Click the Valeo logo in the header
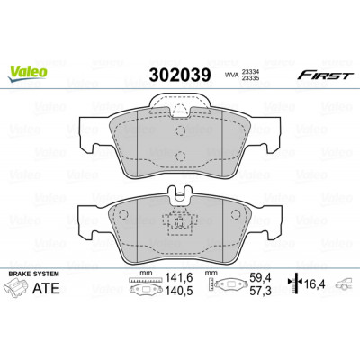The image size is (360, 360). pyautogui.click(x=28, y=74)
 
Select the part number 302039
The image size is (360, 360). pyautogui.click(x=180, y=75)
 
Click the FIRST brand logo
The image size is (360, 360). pyautogui.click(x=323, y=76)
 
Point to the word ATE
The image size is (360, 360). pyautogui.click(x=46, y=288)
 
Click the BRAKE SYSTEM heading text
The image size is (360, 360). pyautogui.click(x=34, y=274)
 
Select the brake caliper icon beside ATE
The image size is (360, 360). pyautogui.click(x=17, y=287)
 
